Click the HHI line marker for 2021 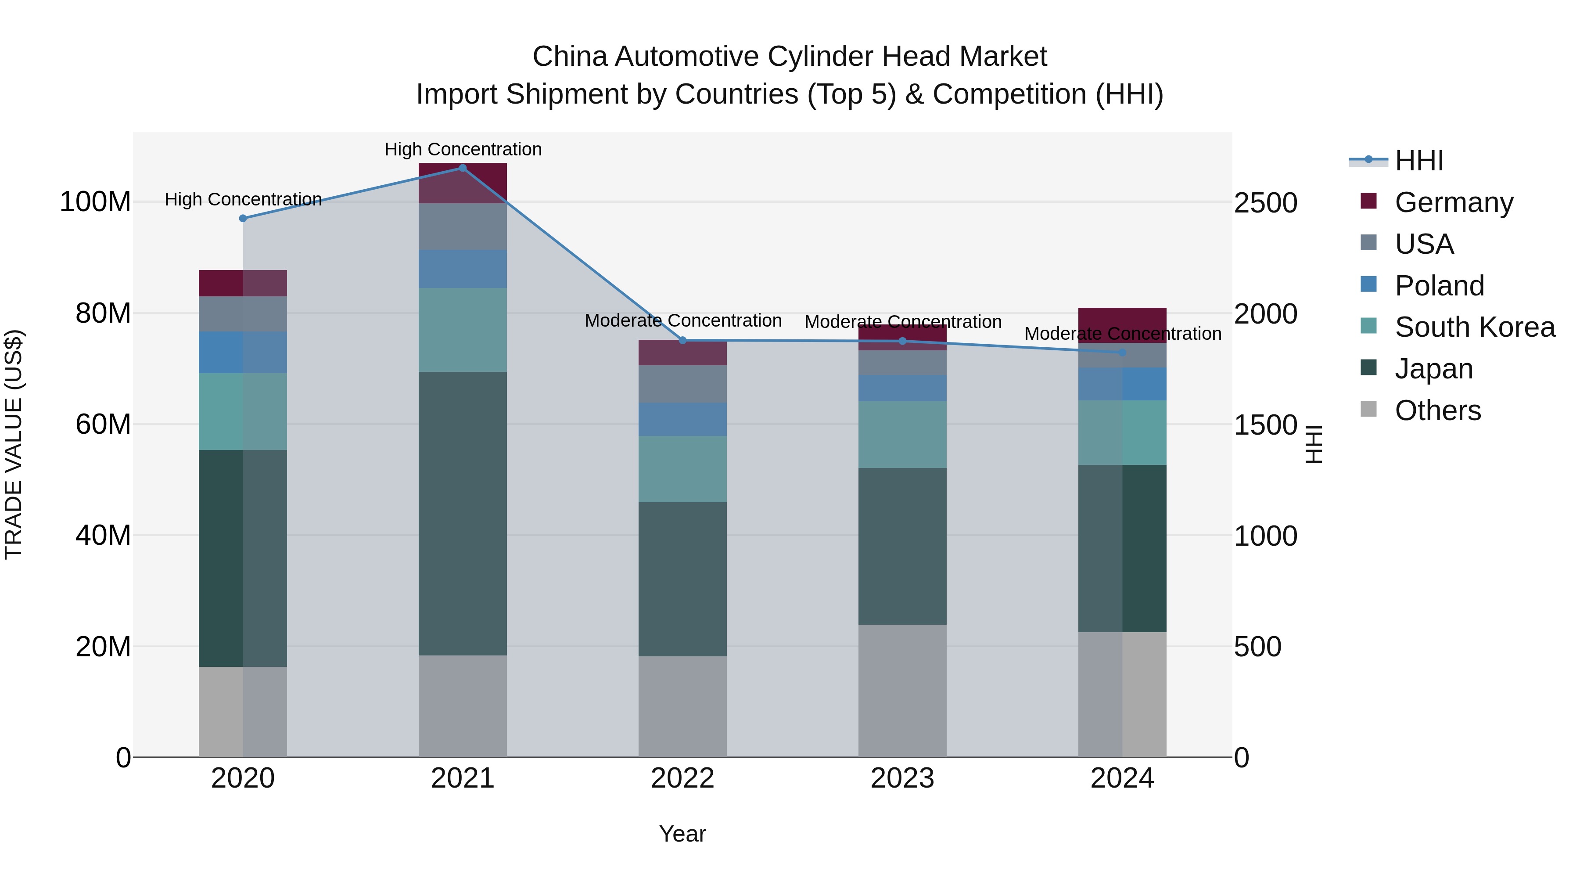(463, 168)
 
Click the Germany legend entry (1454, 202)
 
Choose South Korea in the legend (1475, 327)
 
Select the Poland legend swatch (1368, 284)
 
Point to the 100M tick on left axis (95, 202)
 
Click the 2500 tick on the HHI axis (1265, 203)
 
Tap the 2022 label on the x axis (682, 778)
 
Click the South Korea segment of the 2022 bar (682, 469)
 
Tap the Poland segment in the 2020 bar (243, 352)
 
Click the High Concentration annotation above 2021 (463, 149)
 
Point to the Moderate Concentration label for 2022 (682, 320)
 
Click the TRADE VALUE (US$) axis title (14, 444)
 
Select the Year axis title (682, 834)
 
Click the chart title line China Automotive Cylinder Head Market (790, 57)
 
